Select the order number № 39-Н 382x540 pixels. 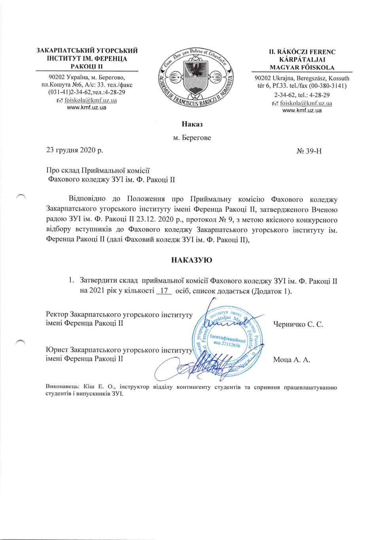click(x=309, y=151)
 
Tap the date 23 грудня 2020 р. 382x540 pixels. click(x=74, y=150)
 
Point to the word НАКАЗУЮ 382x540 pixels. click(x=191, y=260)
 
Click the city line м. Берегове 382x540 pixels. click(x=192, y=138)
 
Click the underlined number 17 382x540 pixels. click(x=164, y=291)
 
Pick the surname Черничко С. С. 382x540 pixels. click(x=298, y=325)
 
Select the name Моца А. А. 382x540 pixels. click(x=291, y=360)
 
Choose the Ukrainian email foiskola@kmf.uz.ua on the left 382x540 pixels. click(x=91, y=100)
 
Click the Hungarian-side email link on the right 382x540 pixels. click(x=306, y=104)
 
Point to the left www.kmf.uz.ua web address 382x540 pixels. click(x=87, y=108)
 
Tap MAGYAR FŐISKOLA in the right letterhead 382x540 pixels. click(x=302, y=68)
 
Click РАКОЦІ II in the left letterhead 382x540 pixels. click(x=87, y=66)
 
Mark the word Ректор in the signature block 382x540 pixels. click(x=57, y=315)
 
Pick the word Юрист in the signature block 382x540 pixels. click(x=56, y=350)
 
